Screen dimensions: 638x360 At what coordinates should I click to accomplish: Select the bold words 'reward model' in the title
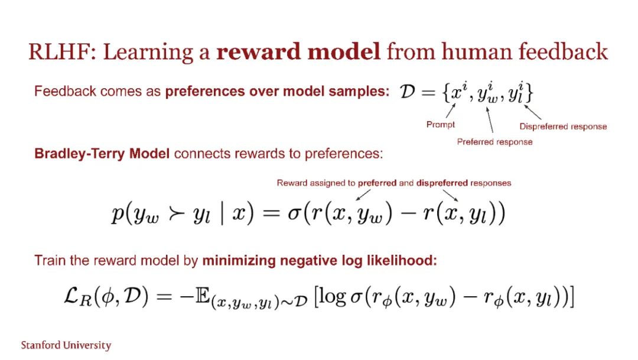[x=298, y=51]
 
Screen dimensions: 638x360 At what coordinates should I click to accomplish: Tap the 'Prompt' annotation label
[x=440, y=125]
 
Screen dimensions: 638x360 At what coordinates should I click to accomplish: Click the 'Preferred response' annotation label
[x=494, y=142]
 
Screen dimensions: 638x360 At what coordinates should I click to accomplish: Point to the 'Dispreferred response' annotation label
[x=563, y=127]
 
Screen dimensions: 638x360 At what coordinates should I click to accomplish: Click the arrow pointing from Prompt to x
[x=450, y=111]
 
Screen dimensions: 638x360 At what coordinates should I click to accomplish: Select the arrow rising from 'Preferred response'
[x=490, y=119]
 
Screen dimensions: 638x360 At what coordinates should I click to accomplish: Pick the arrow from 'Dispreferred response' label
[x=533, y=112]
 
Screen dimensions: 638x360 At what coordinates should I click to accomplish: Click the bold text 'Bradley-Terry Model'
[x=102, y=154]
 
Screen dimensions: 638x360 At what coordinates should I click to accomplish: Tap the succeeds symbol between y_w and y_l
[x=176, y=214]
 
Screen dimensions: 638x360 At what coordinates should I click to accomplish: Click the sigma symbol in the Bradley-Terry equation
[x=294, y=214]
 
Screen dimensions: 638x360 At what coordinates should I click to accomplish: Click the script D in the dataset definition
[x=407, y=92]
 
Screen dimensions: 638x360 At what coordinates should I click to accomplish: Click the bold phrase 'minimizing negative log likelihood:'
[x=320, y=261]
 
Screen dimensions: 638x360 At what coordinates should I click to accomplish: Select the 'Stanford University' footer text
[x=66, y=345]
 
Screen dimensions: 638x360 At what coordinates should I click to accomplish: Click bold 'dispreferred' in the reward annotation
[x=442, y=183]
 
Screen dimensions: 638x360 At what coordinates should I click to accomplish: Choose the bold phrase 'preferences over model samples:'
[x=278, y=92]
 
